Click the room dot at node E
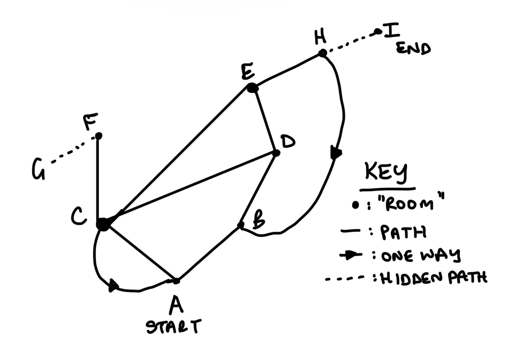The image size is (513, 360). click(x=252, y=88)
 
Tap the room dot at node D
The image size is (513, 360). click(x=276, y=153)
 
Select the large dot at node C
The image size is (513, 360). click(x=103, y=224)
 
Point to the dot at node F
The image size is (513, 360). click(x=99, y=136)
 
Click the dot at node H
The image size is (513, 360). click(x=323, y=53)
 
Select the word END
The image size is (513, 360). click(x=413, y=48)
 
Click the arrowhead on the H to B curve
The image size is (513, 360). click(x=336, y=152)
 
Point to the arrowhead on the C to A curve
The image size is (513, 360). click(x=113, y=286)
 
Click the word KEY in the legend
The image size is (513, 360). click(x=386, y=173)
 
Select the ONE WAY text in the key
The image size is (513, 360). click(x=420, y=255)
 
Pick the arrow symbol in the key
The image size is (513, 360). click(x=350, y=255)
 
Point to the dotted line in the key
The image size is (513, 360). click(x=345, y=278)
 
